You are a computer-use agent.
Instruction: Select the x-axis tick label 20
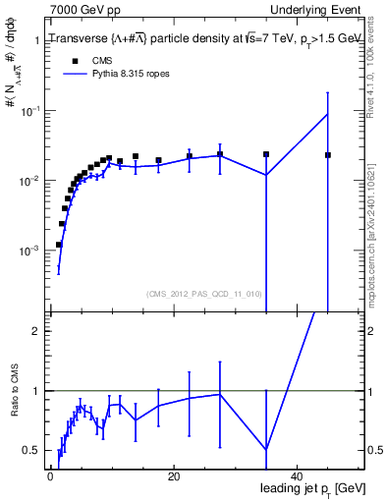[173, 476]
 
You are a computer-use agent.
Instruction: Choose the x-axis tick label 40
[297, 476]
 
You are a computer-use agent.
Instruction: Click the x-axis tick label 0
[50, 476]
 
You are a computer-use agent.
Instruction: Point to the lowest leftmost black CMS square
[59, 245]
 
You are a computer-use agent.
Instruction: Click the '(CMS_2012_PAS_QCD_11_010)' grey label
[204, 293]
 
